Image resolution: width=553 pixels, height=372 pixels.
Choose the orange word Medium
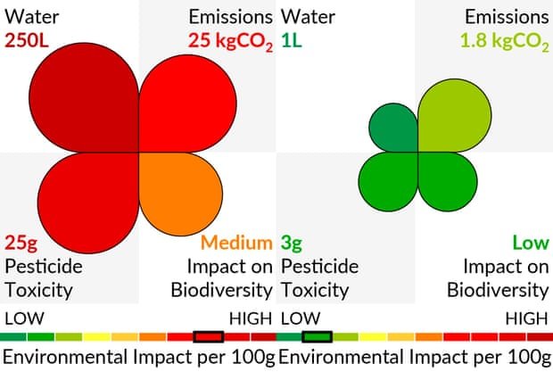coord(235,243)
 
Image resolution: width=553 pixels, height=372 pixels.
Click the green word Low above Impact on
coord(530,243)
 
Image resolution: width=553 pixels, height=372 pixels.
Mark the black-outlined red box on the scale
coord(208,336)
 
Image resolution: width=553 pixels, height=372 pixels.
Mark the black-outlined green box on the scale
coord(317,336)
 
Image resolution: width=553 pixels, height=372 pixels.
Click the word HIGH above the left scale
coord(251,318)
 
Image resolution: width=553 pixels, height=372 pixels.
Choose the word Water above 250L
coord(29,17)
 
